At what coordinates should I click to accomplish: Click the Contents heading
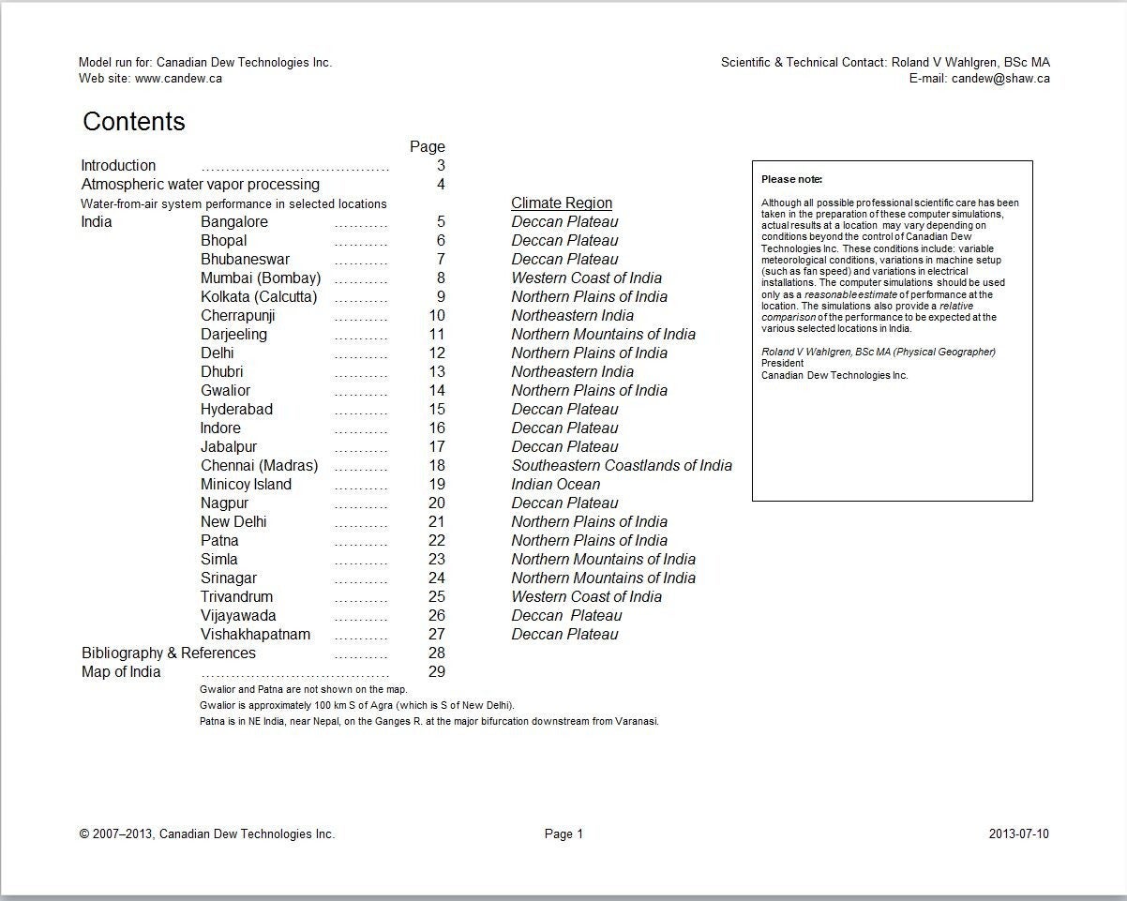pos(134,122)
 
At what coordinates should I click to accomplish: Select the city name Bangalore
pos(234,222)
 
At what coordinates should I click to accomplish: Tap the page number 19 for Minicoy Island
pos(436,485)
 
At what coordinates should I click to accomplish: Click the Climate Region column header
pos(562,203)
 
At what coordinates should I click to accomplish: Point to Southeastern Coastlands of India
pos(622,466)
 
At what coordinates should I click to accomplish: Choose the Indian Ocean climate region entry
pos(556,485)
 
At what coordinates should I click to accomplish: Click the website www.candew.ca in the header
pos(178,79)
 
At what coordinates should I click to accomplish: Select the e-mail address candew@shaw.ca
pos(1000,79)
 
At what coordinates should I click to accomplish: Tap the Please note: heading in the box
pos(791,179)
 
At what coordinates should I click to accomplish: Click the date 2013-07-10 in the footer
pos(1019,834)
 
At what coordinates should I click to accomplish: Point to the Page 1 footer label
pos(563,834)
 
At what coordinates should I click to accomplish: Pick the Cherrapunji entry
pos(238,316)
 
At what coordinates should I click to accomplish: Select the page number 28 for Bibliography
pos(436,653)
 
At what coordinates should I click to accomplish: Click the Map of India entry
pos(121,672)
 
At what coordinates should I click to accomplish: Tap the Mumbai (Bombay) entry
pos(261,278)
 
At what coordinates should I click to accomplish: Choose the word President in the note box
pos(782,364)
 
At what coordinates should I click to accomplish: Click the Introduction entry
pos(118,166)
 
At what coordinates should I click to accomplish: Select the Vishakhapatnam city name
pos(255,635)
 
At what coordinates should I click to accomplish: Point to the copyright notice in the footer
pos(207,834)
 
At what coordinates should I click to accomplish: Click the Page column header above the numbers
pos(428,147)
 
